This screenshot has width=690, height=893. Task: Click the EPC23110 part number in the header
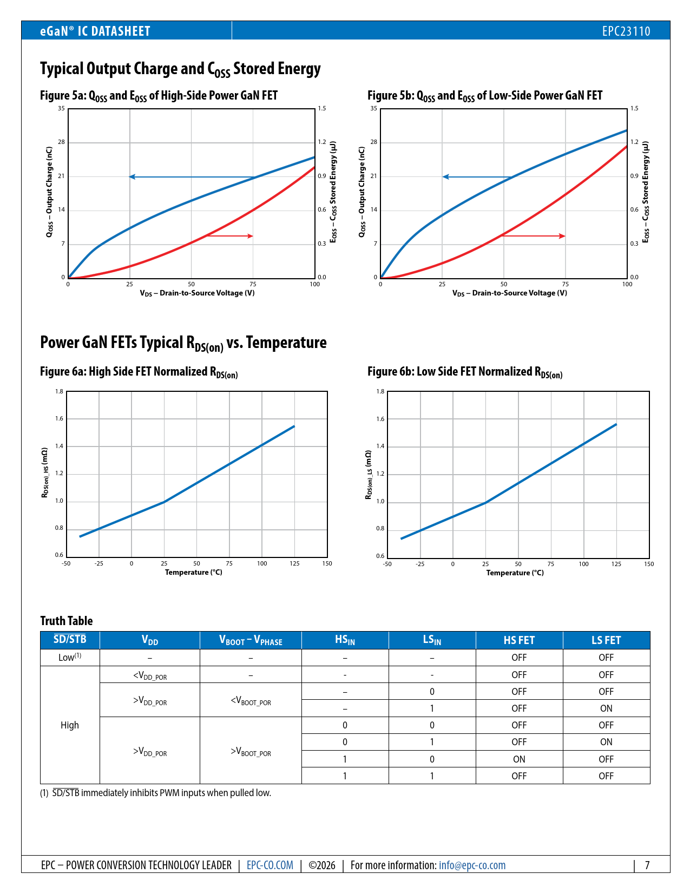click(626, 31)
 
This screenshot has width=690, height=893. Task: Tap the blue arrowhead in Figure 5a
click(132, 177)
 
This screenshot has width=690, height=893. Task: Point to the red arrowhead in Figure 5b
click(562, 236)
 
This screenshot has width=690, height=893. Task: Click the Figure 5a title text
click(159, 96)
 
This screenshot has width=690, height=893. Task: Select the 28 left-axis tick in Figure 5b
click(374, 142)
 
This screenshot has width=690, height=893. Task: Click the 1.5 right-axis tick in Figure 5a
click(322, 109)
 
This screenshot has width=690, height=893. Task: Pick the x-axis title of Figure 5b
click(510, 293)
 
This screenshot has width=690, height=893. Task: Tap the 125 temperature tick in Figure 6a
click(294, 563)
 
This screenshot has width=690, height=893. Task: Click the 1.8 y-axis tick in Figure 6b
click(380, 391)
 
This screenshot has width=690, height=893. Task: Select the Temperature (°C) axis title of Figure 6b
click(515, 573)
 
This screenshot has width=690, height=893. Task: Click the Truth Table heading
click(67, 621)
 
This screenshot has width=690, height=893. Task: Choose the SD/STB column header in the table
click(70, 640)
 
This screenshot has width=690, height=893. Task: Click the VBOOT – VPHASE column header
click(251, 640)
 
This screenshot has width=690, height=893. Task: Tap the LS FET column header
click(606, 640)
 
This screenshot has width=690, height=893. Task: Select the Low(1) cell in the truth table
click(70, 657)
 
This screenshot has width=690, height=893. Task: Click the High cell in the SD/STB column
click(70, 725)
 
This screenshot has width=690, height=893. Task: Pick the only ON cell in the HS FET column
click(519, 759)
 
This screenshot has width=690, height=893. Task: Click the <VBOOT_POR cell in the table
click(251, 700)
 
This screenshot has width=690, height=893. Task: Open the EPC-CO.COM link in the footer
click(270, 865)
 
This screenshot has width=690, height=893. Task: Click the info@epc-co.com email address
click(472, 865)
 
